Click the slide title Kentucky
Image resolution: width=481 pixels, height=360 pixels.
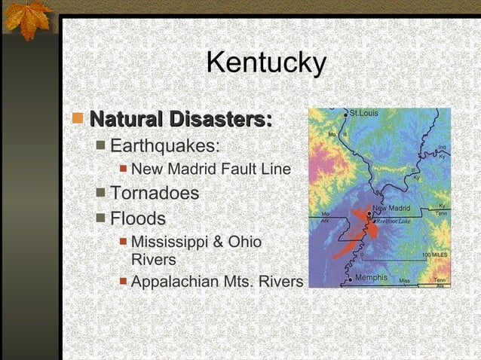[x=265, y=63]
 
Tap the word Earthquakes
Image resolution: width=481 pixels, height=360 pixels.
[x=165, y=145]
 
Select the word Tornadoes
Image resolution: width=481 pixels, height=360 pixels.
[x=155, y=194]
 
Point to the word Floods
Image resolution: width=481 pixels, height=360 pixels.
[x=138, y=219]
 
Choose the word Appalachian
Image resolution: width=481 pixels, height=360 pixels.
[x=175, y=282]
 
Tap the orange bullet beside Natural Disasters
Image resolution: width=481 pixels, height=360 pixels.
[x=78, y=119]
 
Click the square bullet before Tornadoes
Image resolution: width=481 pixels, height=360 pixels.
[x=101, y=194]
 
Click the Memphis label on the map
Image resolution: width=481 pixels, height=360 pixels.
[x=371, y=278]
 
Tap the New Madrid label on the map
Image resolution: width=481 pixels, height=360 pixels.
[x=391, y=208]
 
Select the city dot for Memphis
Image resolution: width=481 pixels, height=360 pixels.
[x=350, y=279]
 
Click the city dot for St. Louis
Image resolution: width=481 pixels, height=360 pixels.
[x=346, y=114]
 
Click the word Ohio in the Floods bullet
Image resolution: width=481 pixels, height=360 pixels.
[x=246, y=243]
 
